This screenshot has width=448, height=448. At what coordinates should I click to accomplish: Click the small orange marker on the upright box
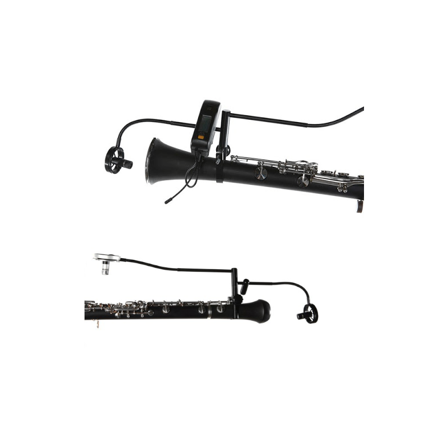200,137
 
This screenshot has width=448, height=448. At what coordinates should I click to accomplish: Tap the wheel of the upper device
114,161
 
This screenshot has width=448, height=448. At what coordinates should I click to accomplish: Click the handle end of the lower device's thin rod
95,255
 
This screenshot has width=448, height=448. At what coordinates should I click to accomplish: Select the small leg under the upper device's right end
361,205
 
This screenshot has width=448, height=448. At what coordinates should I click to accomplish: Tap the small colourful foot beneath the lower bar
98,325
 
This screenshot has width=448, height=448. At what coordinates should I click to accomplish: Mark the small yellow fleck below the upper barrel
166,206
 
